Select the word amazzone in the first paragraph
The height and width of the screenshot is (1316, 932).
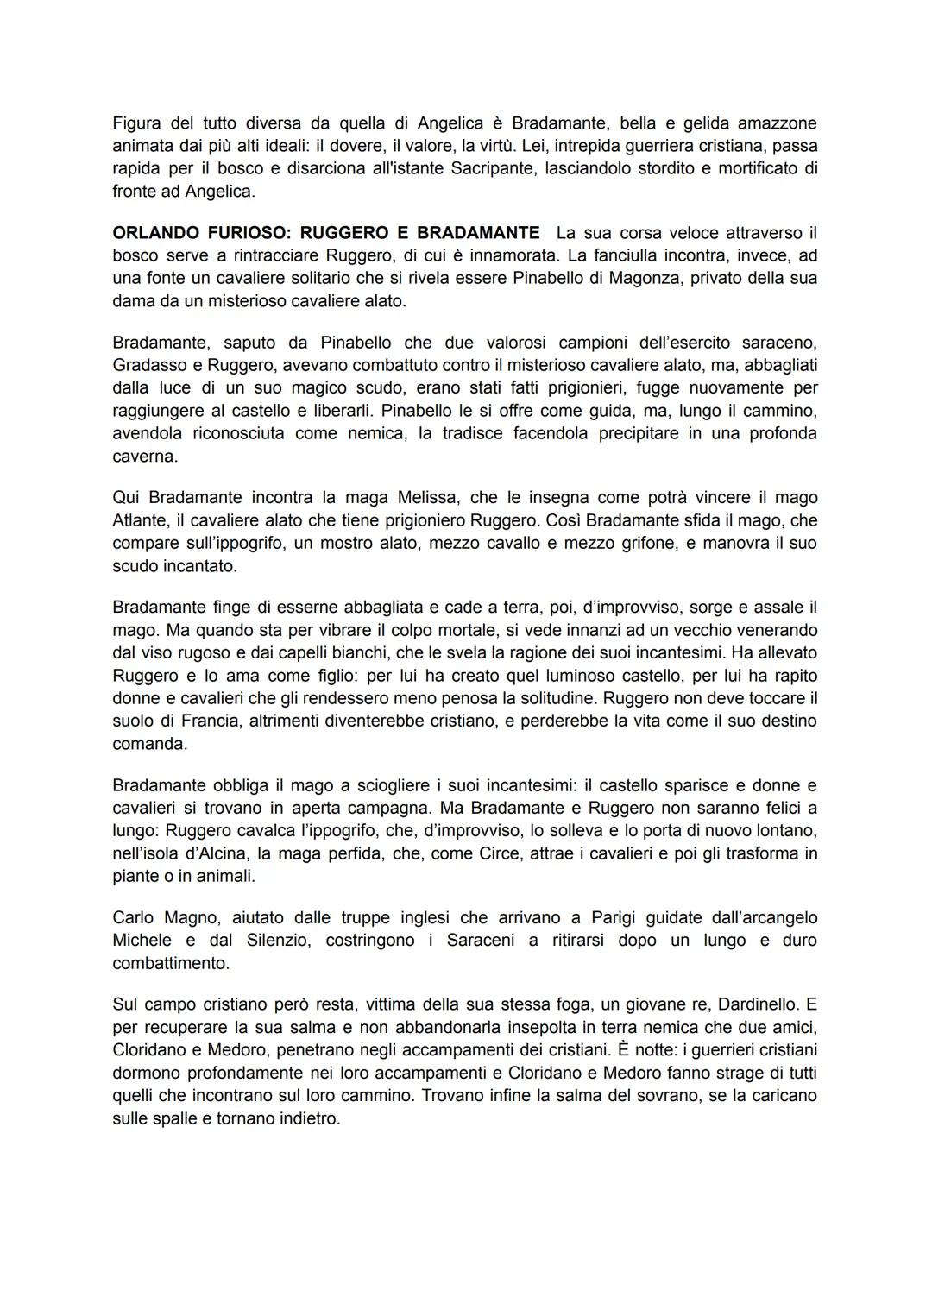(x=780, y=123)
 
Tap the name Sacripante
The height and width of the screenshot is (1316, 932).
(x=493, y=168)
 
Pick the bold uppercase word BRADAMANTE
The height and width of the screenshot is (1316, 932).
(x=478, y=233)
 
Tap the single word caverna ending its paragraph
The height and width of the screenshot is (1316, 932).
(x=145, y=457)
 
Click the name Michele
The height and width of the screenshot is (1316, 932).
(x=142, y=941)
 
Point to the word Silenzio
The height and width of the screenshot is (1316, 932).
(x=269, y=941)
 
